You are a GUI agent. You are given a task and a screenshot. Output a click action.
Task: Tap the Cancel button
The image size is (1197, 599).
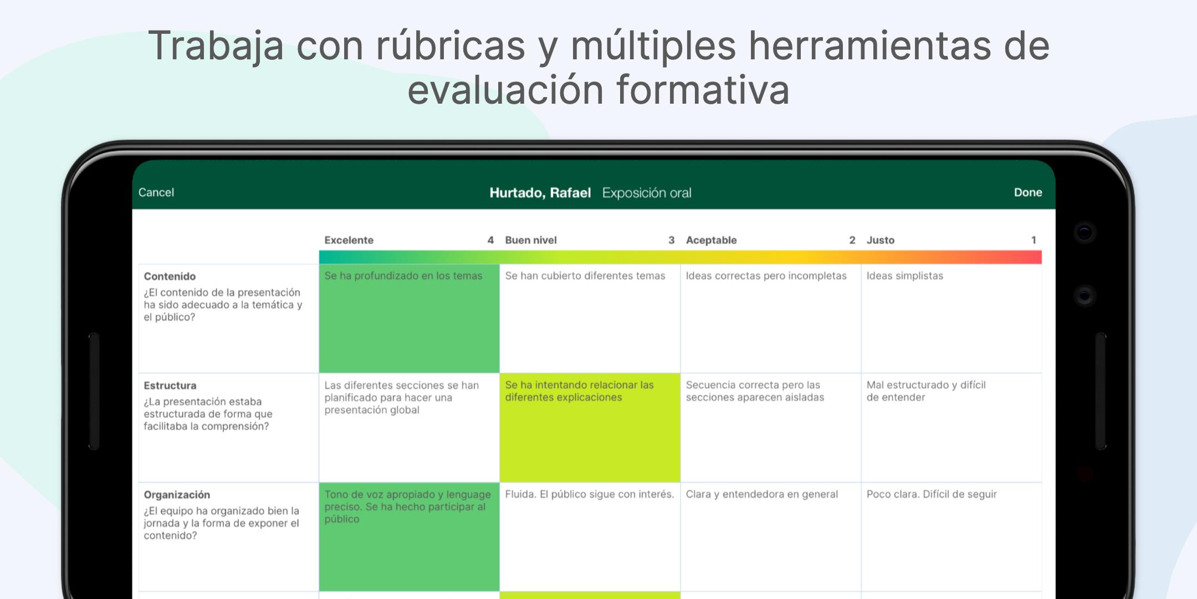tap(156, 192)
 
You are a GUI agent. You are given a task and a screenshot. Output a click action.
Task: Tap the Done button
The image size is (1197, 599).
tap(1028, 192)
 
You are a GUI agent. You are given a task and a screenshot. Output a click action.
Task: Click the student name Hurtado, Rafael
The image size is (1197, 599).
tap(540, 192)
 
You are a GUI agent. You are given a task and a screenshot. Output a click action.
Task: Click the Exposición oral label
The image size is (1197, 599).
tap(647, 192)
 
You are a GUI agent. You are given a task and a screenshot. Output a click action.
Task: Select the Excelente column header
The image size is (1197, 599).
tap(349, 240)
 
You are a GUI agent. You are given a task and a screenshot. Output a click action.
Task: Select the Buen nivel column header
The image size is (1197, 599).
tap(531, 240)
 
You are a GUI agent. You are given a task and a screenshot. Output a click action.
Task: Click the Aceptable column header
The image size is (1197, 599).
tap(712, 240)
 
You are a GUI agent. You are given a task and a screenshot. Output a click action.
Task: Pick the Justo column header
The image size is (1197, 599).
tap(881, 240)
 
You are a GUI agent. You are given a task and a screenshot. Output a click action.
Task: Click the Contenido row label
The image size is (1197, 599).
tap(170, 276)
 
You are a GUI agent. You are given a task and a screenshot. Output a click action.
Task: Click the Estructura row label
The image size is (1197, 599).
tap(170, 385)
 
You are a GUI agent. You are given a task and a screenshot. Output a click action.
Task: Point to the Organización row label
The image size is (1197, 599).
tap(177, 495)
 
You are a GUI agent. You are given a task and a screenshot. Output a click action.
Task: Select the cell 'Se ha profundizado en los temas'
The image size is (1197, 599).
tap(409, 318)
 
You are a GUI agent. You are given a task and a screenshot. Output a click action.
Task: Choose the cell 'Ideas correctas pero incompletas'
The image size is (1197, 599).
tap(771, 318)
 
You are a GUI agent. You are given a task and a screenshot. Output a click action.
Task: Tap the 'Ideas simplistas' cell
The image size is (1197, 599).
tap(952, 318)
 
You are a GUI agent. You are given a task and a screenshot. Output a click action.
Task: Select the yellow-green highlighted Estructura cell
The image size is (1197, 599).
tap(590, 428)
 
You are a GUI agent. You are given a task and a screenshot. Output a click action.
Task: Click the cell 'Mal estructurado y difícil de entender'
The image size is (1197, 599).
tap(952, 428)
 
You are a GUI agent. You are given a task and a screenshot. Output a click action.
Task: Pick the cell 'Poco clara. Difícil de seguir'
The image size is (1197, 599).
tap(952, 537)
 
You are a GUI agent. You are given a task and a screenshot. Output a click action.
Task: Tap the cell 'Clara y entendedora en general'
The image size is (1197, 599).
tap(771, 537)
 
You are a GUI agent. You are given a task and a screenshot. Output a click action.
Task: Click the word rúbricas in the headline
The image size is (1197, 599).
tap(451, 45)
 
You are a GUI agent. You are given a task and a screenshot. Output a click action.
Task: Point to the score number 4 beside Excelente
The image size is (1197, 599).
tap(490, 240)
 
